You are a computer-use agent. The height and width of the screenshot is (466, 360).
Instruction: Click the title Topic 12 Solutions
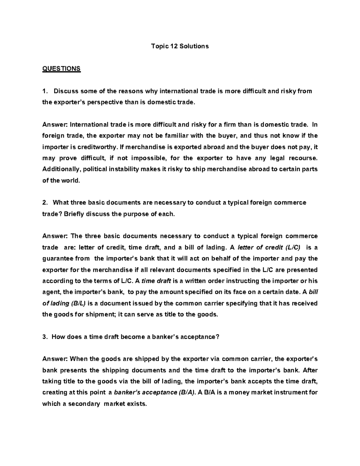180,46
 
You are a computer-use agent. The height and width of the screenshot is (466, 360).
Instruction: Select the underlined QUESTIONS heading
61,69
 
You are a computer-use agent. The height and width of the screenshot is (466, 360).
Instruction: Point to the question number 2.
45,203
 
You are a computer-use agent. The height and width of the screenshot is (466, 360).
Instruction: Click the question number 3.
45,337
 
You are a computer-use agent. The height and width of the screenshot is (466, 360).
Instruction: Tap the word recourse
303,158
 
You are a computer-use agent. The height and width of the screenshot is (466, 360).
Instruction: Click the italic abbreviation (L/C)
294,248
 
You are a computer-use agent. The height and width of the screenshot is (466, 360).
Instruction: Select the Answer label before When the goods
55,359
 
